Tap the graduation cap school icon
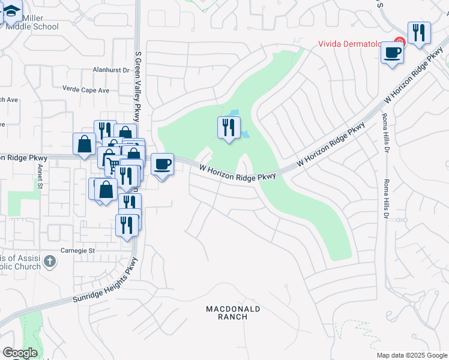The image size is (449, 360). [x=11, y=11]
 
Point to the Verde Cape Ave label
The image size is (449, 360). [x=86, y=89]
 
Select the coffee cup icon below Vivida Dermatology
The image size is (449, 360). [x=392, y=53]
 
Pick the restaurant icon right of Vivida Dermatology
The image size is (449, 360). [x=419, y=32]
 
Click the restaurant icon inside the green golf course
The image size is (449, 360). [x=229, y=127]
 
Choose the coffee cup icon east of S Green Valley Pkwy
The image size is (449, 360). [x=162, y=164]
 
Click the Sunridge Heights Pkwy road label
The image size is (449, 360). [x=106, y=281]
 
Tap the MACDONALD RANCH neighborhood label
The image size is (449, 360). [x=233, y=313]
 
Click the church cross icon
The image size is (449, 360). [x=50, y=261]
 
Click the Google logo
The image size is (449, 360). [x=20, y=353]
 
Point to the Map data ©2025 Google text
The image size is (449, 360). [x=411, y=355]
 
